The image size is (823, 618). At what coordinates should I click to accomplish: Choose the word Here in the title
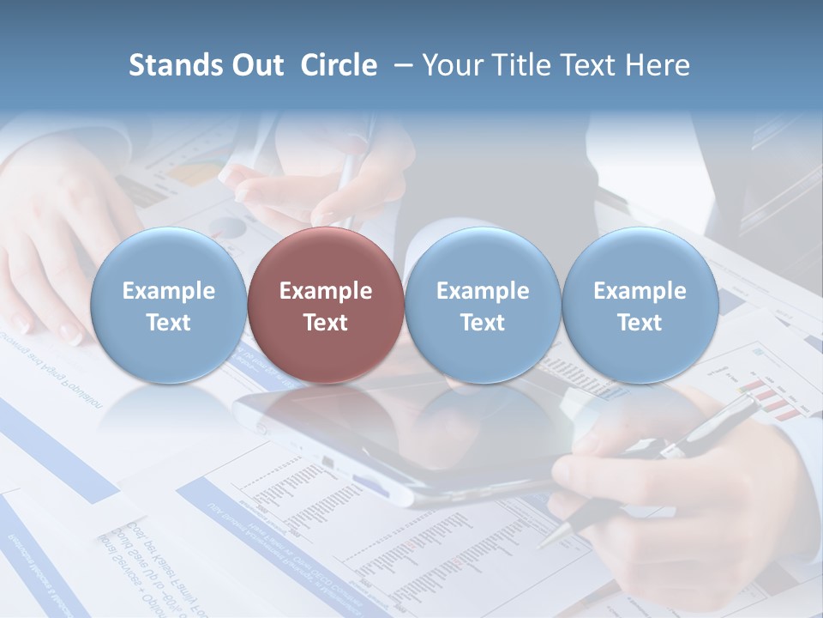click(659, 65)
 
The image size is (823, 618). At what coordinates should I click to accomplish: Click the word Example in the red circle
click(325, 291)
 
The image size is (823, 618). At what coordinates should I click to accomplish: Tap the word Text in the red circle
click(325, 323)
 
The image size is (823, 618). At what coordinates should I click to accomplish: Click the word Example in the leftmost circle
click(168, 291)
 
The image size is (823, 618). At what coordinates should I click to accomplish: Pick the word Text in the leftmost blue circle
click(168, 323)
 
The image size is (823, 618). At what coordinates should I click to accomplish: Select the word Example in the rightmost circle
click(640, 291)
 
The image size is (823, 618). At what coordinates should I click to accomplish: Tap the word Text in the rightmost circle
click(640, 323)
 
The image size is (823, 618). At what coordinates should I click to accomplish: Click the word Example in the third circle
click(483, 291)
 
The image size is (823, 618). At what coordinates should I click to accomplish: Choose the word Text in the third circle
click(483, 323)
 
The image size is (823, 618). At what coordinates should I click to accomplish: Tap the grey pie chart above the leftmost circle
click(228, 227)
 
